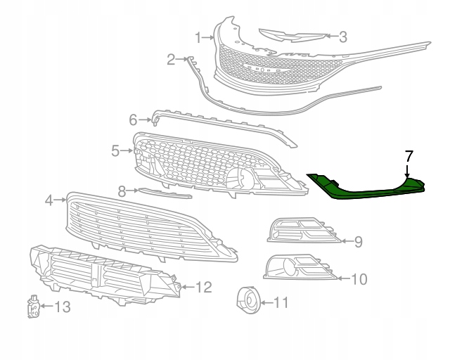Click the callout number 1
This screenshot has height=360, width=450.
(x=199, y=37)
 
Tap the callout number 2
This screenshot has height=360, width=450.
(x=171, y=60)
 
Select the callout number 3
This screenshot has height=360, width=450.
(x=342, y=37)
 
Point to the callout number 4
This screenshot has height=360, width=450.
(x=49, y=200)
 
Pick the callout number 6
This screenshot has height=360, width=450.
(x=133, y=120)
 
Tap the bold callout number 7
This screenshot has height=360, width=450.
(x=409, y=156)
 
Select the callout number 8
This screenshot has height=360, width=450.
(x=122, y=191)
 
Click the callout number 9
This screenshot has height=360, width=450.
(x=358, y=242)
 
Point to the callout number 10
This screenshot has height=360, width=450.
(x=358, y=279)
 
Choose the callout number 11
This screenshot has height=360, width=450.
(x=281, y=304)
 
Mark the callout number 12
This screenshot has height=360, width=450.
(x=202, y=287)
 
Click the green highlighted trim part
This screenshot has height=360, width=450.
(x=366, y=188)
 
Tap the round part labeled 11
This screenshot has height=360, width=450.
(x=248, y=301)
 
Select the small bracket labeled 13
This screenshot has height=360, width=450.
(x=32, y=306)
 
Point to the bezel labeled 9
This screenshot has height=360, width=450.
(x=302, y=231)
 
